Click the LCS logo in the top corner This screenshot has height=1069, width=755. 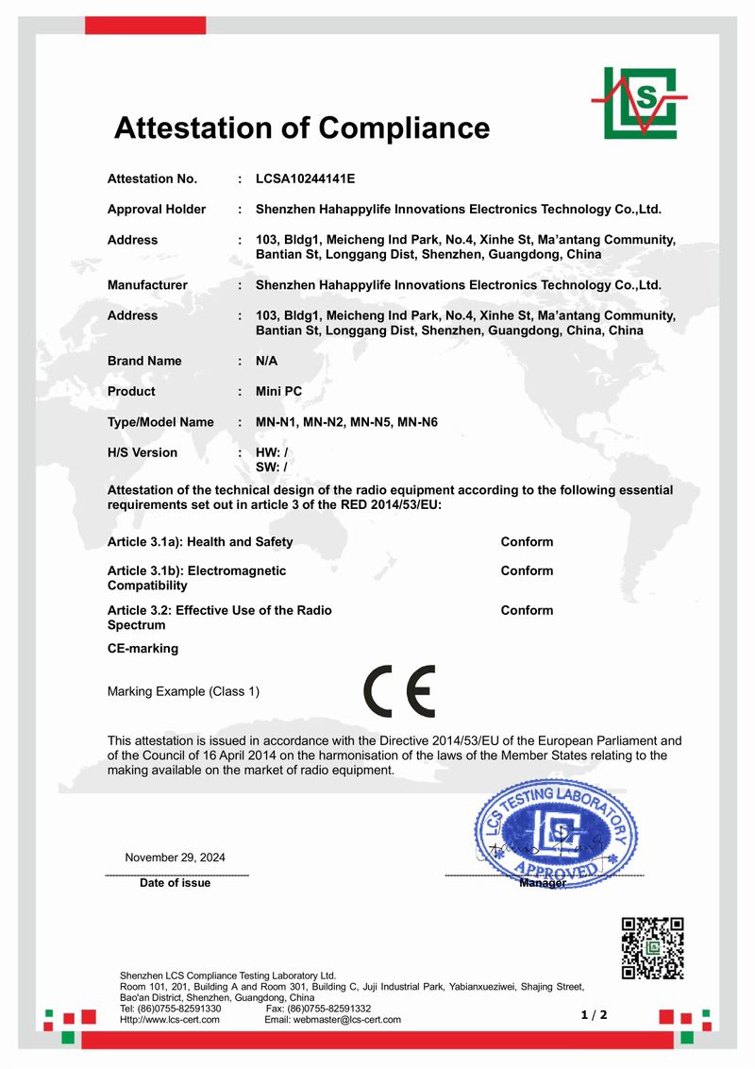pyautogui.click(x=639, y=103)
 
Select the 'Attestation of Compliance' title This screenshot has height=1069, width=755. pyautogui.click(x=302, y=127)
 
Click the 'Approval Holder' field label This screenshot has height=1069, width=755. pyautogui.click(x=157, y=209)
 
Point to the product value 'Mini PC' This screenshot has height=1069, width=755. pyautogui.click(x=279, y=391)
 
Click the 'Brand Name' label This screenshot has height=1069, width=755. pyautogui.click(x=144, y=361)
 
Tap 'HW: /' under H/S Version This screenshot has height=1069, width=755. pyautogui.click(x=272, y=452)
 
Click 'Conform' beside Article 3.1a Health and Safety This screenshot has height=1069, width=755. pyautogui.click(x=527, y=542)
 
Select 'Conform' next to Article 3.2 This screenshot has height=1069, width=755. pyautogui.click(x=527, y=610)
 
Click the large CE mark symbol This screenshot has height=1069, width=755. pyautogui.click(x=399, y=692)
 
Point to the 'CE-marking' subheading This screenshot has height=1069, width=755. pyautogui.click(x=143, y=649)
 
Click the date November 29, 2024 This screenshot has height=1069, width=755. pyautogui.click(x=176, y=857)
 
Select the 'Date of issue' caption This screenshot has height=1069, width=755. pyautogui.click(x=176, y=883)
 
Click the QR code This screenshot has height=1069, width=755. pyautogui.click(x=652, y=947)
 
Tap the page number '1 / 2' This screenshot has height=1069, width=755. pyautogui.click(x=594, y=1015)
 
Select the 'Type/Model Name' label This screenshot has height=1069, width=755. pyautogui.click(x=160, y=422)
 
